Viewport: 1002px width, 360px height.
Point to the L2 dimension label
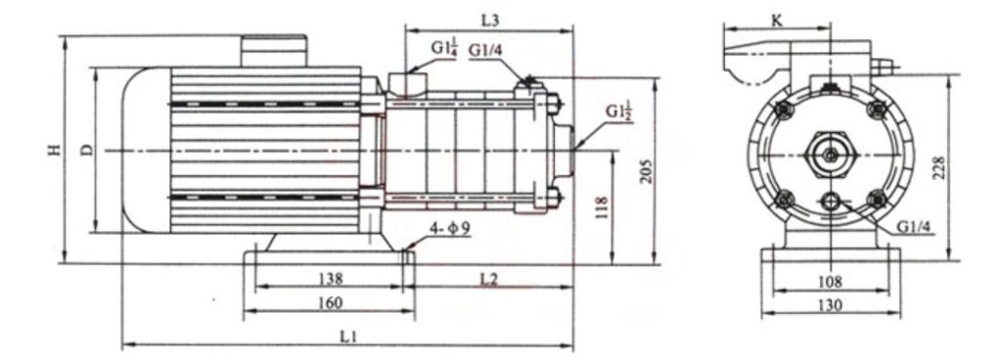pyautogui.click(x=489, y=280)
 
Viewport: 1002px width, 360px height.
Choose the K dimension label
pyautogui.click(x=749, y=19)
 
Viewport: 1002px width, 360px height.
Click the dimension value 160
pyautogui.click(x=330, y=303)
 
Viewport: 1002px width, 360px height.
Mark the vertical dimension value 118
pyautogui.click(x=601, y=206)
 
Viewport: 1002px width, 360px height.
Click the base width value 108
pyautogui.click(x=830, y=281)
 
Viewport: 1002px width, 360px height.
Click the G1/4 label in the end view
pyautogui.click(x=914, y=228)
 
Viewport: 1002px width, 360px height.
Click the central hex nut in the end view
pyautogui.click(x=831, y=155)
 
